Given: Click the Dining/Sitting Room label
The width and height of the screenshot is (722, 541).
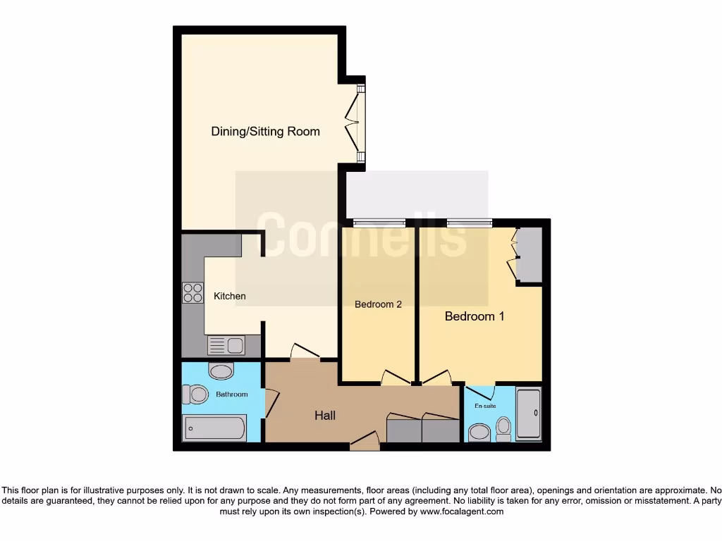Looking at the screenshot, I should point(265,132).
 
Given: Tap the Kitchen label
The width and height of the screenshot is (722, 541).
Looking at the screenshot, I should point(230,296).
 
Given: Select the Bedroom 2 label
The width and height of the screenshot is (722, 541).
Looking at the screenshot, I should point(378,304).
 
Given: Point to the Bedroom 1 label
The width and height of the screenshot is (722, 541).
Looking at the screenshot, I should point(475,317).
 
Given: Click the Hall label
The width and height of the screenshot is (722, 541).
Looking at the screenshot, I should point(325,416).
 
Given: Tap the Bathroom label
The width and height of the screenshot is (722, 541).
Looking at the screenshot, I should point(232,394).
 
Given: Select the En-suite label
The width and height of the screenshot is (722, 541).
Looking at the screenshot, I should point(484,406).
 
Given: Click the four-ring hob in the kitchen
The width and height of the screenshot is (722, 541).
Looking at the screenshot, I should point(192,292).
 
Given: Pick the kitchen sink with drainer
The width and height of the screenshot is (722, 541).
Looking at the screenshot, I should point(226,346).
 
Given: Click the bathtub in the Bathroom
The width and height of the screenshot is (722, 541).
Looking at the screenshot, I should point(215,428).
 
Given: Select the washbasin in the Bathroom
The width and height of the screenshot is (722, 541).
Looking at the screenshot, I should point(221,371).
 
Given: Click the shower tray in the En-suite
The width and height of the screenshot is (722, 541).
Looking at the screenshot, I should point(528,414).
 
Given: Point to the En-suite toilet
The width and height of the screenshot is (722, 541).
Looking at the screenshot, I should point(503,428).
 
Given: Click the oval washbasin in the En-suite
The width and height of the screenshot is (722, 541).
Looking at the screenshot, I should point(479,431).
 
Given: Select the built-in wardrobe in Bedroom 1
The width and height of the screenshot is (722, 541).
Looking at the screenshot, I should point(529,254).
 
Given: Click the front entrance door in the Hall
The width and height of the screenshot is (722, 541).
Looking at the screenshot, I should point(365,442).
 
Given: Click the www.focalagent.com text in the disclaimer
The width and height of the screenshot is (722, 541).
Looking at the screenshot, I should point(462,511).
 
